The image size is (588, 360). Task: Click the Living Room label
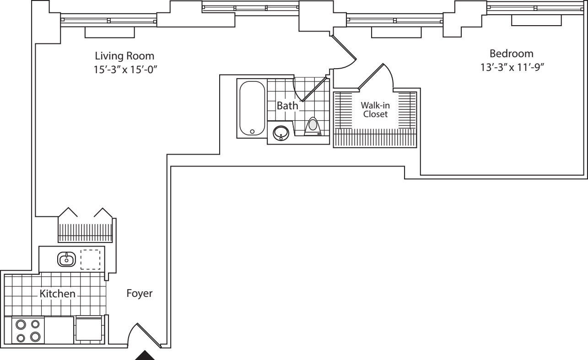124,56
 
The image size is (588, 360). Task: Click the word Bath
287,106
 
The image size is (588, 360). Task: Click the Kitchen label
57,294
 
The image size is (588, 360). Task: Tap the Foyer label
139,294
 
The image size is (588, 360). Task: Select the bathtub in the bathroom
252,108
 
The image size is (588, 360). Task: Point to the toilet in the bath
313,126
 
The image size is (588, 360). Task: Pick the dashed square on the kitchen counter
91,259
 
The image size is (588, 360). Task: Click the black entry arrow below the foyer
146,355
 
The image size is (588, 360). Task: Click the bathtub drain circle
252,132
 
